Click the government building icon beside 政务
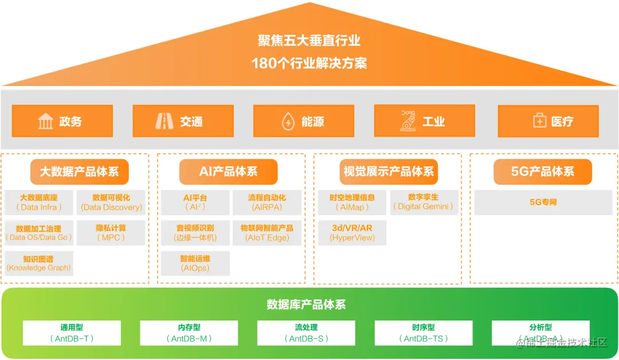[45, 122]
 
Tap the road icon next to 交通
[164, 122]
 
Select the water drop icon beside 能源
[288, 122]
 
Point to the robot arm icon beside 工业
[408, 120]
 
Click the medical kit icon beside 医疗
[539, 122]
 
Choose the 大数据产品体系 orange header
[79, 171]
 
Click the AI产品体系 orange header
[228, 171]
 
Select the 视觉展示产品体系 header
[388, 171]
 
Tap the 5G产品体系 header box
[542, 171]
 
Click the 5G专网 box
[543, 202]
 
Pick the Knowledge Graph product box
[39, 263]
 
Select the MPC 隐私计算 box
[111, 233]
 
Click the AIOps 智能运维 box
[195, 263]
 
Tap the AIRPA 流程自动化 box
[267, 202]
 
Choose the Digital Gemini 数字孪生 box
[425, 202]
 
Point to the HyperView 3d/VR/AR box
[352, 233]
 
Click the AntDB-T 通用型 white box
[72, 333]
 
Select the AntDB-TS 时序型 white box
[424, 333]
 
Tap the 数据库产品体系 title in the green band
[306, 304]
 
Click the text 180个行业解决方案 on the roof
[309, 62]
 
